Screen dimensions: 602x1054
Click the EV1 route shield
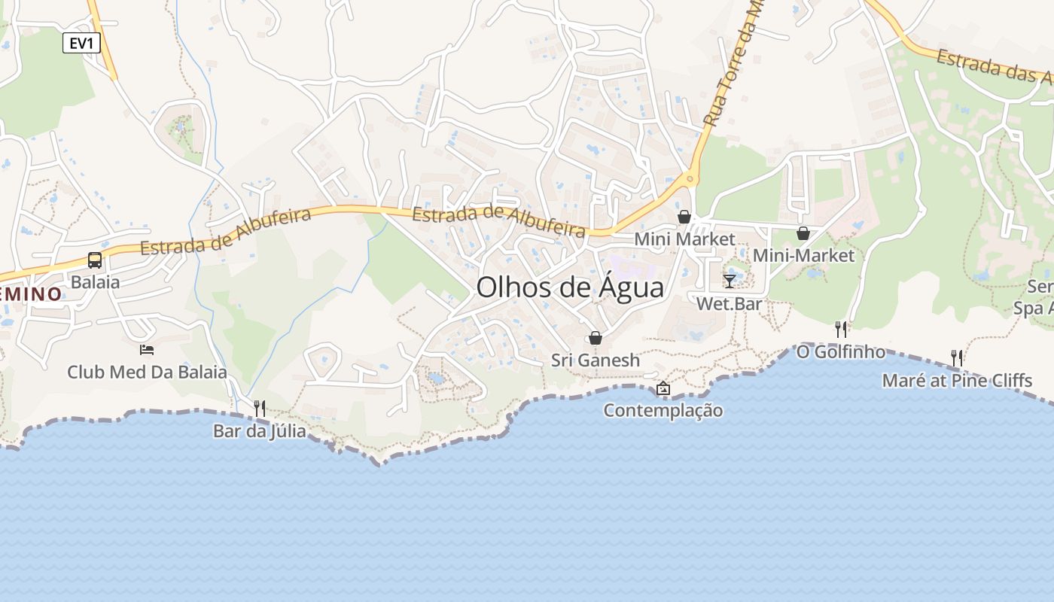(x=81, y=43)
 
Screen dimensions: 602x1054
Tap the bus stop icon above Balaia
(x=95, y=260)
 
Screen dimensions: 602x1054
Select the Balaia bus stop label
(x=95, y=282)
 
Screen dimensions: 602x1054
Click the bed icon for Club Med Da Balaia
(x=147, y=350)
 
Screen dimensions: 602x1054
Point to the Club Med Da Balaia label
(x=147, y=372)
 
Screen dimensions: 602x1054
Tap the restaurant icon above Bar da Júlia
(x=260, y=409)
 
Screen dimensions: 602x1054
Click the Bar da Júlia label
(x=260, y=431)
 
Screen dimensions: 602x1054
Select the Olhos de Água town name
(x=571, y=287)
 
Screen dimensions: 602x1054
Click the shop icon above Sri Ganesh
(x=596, y=338)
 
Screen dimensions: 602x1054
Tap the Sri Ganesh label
(x=596, y=360)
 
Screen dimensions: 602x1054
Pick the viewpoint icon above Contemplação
(x=663, y=388)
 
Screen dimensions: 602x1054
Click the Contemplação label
(x=663, y=411)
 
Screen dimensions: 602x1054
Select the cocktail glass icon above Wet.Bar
(x=729, y=281)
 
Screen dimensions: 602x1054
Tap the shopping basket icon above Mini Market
(x=684, y=217)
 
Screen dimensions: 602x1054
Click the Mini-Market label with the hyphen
(x=804, y=256)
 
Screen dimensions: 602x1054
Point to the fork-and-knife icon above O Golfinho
(x=841, y=329)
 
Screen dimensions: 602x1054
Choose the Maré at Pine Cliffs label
(x=957, y=381)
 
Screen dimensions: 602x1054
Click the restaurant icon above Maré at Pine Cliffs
(x=957, y=357)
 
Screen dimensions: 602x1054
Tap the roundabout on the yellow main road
(x=688, y=179)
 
